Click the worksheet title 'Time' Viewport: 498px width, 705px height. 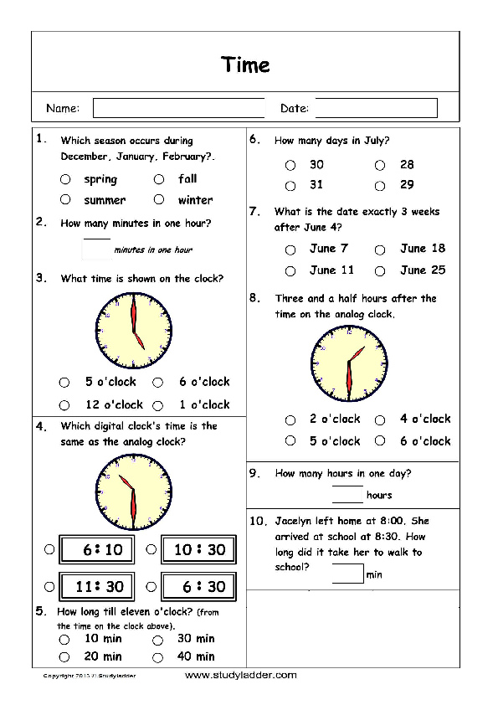[245, 64]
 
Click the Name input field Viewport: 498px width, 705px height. [178, 108]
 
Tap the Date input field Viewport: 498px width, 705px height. [376, 108]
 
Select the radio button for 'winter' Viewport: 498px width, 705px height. [158, 200]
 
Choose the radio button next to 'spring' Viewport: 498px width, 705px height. [65, 179]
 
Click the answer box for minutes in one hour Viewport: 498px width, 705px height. [97, 249]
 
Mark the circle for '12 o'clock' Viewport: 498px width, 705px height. [65, 405]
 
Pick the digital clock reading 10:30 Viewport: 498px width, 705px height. [199, 550]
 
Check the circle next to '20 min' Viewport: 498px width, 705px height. [64, 657]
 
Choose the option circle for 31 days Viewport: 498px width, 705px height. [290, 186]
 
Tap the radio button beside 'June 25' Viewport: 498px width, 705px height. [380, 271]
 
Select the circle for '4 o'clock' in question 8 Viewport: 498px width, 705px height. [380, 420]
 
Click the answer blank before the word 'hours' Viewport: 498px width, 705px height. [347, 495]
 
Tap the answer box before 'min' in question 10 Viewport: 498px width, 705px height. [347, 574]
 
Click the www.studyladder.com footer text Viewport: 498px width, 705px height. [240, 675]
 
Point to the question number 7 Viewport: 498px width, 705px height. [254, 211]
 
